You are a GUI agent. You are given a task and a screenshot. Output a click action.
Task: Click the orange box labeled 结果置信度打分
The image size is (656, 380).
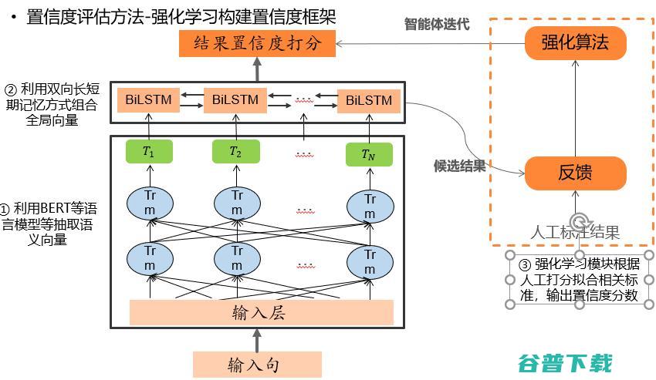coord(257,44)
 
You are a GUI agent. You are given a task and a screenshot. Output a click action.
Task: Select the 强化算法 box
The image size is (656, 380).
coord(576,42)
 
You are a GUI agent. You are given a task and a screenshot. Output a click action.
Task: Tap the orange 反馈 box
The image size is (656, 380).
coord(576,173)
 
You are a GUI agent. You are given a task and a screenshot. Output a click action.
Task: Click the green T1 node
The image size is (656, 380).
coord(149,152)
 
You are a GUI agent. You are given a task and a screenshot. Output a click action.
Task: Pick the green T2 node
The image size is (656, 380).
coord(235,152)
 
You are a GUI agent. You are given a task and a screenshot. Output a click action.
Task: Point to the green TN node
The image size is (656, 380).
coord(369,155)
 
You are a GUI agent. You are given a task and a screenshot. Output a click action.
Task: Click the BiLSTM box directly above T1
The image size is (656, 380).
coord(149,100)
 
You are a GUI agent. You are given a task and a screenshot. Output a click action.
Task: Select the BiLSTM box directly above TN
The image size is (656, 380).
coord(369,100)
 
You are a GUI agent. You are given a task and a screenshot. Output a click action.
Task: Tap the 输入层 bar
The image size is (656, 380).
coord(262,311)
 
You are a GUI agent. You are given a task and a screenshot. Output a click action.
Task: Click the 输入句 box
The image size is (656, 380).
coord(257,364)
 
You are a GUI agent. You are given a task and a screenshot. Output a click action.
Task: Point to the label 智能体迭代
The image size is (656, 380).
coord(437,24)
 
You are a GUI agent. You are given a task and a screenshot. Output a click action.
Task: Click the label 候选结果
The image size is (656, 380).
coord(459,166)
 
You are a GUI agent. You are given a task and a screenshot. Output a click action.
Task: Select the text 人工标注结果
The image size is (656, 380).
coord(575,232)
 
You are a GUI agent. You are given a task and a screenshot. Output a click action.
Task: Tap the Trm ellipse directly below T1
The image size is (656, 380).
coord(149,202)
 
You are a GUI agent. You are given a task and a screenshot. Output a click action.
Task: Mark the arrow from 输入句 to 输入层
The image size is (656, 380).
coord(257,338)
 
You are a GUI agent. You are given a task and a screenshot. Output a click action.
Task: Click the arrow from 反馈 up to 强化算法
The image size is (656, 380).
coord(576,108)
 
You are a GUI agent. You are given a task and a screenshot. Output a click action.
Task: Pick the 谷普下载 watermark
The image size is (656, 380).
coord(565,363)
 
